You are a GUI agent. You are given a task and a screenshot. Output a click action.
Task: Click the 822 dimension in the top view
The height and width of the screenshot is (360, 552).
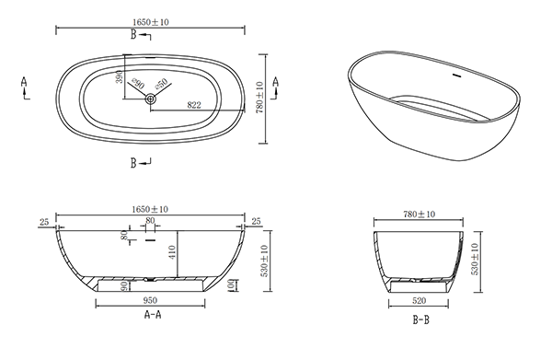[x=194, y=105]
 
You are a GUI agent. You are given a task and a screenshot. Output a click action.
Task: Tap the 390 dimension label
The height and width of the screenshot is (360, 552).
[x=120, y=77]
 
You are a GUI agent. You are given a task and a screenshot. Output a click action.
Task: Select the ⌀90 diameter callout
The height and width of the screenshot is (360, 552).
[x=138, y=84]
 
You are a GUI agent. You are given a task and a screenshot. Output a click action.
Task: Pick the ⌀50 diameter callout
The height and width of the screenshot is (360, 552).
[x=161, y=84]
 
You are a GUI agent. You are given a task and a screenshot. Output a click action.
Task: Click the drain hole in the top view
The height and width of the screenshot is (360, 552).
[x=151, y=99]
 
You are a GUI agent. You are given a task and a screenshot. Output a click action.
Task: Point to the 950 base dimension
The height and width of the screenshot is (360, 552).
[x=150, y=300]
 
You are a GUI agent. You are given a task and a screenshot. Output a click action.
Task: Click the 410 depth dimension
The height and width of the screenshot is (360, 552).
[x=172, y=252]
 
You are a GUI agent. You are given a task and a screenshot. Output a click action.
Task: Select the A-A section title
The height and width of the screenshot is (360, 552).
[x=153, y=314]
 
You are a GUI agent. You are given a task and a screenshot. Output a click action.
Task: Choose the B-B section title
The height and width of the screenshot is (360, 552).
[x=421, y=319]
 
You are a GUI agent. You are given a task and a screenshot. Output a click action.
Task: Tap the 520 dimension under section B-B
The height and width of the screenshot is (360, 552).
[x=419, y=300]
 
